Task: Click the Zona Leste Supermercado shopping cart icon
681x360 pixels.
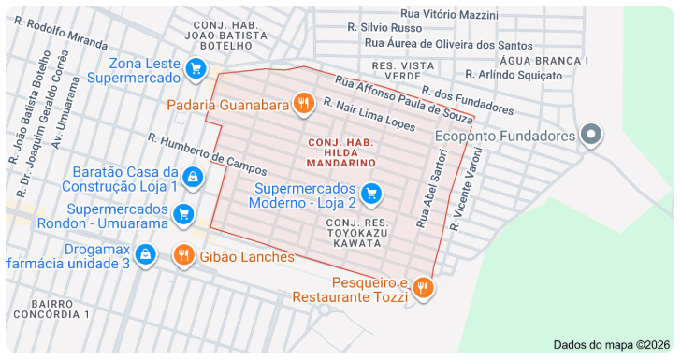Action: tap(196, 68)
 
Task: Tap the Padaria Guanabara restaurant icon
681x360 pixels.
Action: tap(303, 104)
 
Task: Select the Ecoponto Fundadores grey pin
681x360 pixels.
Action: tap(590, 136)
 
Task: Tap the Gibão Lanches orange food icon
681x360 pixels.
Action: tap(183, 254)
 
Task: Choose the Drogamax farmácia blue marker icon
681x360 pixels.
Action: tap(145, 254)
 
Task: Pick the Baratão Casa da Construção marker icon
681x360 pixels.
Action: tap(192, 177)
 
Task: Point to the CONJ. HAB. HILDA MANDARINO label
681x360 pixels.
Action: tap(341, 151)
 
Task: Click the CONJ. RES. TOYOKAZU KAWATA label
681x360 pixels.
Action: tap(355, 232)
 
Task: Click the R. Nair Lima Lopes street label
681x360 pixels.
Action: tap(369, 113)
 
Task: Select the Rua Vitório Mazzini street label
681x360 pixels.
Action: tap(449, 15)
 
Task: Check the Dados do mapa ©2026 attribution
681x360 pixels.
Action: tap(612, 344)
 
